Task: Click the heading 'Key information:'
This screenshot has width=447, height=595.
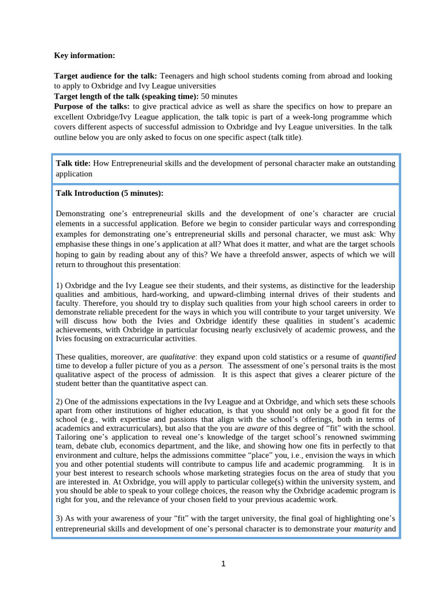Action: (84, 55)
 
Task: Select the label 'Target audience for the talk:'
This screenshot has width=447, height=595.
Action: (105, 76)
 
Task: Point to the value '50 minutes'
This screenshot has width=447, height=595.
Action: (219, 96)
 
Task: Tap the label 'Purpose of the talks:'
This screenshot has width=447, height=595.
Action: (92, 106)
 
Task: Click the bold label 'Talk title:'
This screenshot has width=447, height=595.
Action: (73, 163)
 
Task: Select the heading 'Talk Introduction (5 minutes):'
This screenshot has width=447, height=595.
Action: (109, 193)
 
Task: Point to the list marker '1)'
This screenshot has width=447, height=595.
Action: (59, 286)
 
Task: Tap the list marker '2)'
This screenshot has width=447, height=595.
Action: (59, 402)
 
